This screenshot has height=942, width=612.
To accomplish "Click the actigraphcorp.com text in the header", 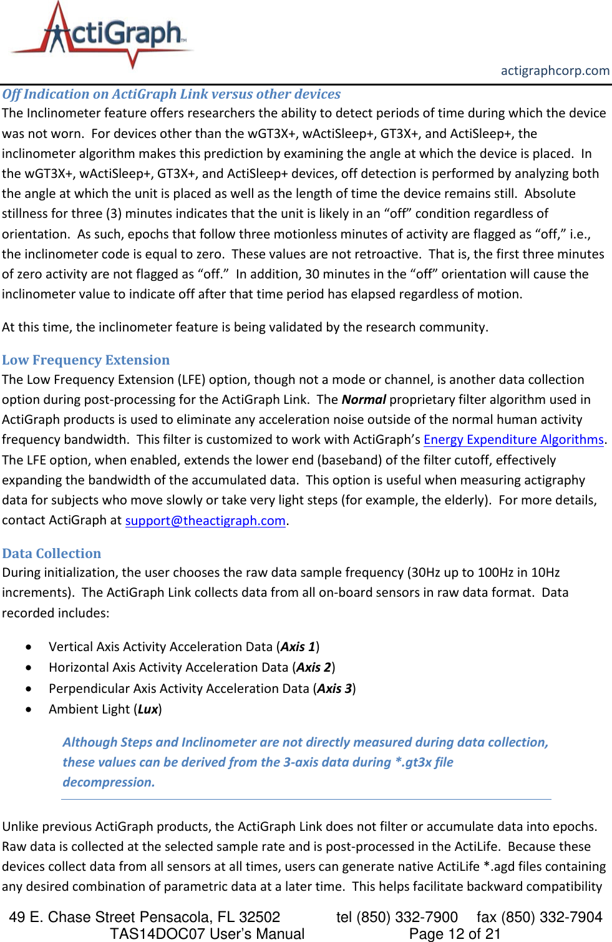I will point(555,71).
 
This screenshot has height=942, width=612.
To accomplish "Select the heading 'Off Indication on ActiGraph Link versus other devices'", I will point(172,94).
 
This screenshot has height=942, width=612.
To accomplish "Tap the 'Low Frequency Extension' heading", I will point(86,360).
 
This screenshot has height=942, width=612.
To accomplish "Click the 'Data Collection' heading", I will point(52,554).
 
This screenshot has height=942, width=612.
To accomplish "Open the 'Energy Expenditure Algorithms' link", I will point(513,439).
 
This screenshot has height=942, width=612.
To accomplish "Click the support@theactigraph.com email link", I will point(205,521).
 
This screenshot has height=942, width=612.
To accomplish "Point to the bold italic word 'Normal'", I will point(364,400).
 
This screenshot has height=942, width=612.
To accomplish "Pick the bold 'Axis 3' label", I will point(334,689).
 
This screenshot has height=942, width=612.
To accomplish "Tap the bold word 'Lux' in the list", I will point(148,709).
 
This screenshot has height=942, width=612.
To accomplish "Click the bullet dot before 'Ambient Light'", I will point(29,710).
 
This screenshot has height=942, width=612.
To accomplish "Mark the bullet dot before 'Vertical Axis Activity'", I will point(29,647).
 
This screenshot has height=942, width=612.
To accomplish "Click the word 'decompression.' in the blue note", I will point(109,782).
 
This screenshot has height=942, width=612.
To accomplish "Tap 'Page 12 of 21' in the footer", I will point(455,934).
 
